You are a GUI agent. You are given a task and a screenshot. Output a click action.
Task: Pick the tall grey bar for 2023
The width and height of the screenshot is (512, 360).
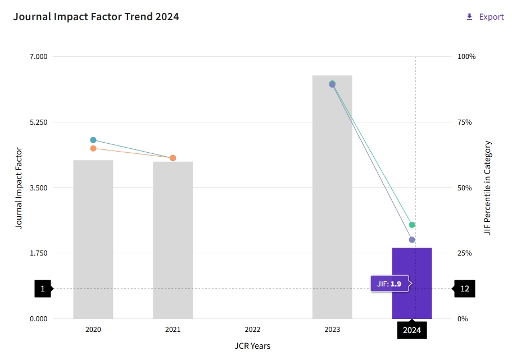click(x=332, y=197)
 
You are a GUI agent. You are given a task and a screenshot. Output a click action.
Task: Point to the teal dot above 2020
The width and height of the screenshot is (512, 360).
click(x=93, y=140)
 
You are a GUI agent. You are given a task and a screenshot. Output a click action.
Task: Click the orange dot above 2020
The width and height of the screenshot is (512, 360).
click(x=93, y=148)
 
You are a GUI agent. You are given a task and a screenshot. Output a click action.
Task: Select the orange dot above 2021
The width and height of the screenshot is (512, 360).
click(x=173, y=158)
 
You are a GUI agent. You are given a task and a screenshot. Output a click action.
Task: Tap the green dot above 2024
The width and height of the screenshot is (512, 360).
click(x=412, y=225)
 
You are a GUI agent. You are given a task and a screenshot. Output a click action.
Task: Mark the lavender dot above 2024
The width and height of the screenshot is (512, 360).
click(x=412, y=240)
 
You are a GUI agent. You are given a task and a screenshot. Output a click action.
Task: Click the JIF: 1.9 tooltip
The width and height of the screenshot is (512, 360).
click(x=389, y=284)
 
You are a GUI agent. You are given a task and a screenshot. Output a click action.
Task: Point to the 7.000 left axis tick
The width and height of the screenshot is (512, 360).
click(x=39, y=57)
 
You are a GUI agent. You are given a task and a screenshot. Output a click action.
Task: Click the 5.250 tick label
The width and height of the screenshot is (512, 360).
click(x=39, y=122)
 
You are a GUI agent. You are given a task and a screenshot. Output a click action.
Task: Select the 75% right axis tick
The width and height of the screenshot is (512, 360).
click(x=466, y=122)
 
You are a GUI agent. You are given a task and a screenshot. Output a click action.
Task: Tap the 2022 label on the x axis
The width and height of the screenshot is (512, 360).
click(x=252, y=330)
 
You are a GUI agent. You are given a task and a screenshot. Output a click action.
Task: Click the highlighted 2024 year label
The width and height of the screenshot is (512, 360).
click(x=412, y=330)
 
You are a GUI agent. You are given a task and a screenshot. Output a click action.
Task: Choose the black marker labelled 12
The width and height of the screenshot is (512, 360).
click(x=464, y=289)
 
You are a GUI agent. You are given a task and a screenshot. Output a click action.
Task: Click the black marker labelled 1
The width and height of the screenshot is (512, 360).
click(x=43, y=289)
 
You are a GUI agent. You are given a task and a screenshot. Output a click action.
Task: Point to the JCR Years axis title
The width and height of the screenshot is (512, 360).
click(x=252, y=345)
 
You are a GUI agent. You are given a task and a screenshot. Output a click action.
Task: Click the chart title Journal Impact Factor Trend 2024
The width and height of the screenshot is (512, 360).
click(x=96, y=17)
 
